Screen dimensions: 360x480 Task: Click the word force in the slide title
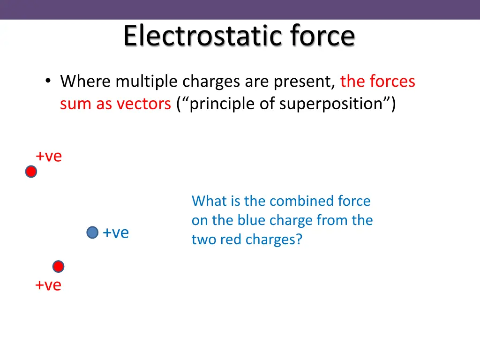click(322, 36)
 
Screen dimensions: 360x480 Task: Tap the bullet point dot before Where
click(48, 81)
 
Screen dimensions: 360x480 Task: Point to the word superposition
click(331, 104)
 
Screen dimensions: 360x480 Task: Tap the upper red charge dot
click(31, 172)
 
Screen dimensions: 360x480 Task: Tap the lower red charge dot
click(58, 267)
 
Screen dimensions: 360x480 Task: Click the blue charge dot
click(93, 232)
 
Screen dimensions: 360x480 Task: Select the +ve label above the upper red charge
click(49, 157)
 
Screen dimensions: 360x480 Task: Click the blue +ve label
click(116, 232)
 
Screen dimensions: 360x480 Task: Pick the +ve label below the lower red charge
click(48, 285)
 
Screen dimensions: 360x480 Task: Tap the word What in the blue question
click(209, 201)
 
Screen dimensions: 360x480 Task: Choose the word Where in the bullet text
click(86, 82)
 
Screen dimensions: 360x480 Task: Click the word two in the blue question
click(202, 240)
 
